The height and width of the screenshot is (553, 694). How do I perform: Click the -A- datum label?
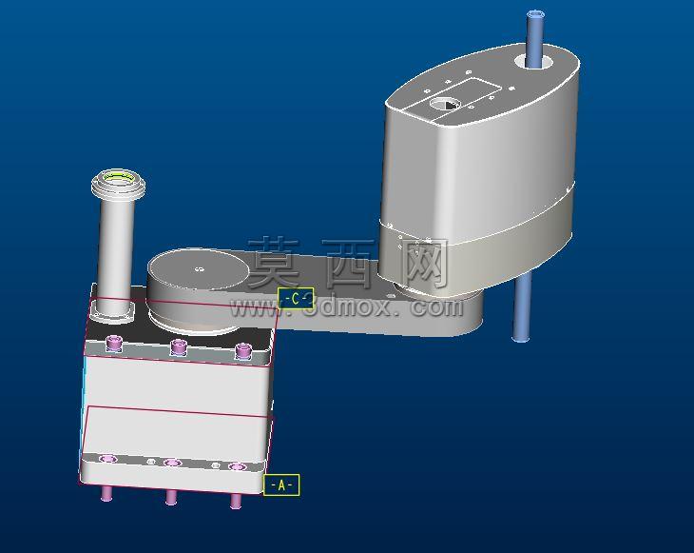pyautogui.click(x=281, y=485)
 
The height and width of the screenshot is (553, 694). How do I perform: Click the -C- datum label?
pyautogui.click(x=296, y=299)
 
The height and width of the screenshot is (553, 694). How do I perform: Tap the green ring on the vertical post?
pyautogui.click(x=119, y=178)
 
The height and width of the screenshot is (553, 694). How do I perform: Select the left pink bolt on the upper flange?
pyautogui.click(x=114, y=343)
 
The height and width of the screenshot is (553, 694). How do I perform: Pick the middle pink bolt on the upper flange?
pyautogui.click(x=179, y=347)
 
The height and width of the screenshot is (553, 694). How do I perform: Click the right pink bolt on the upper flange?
pyautogui.click(x=242, y=351)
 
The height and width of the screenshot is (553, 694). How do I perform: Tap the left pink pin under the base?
pyautogui.click(x=106, y=493)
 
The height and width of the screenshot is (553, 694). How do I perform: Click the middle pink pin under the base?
pyautogui.click(x=171, y=497)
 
